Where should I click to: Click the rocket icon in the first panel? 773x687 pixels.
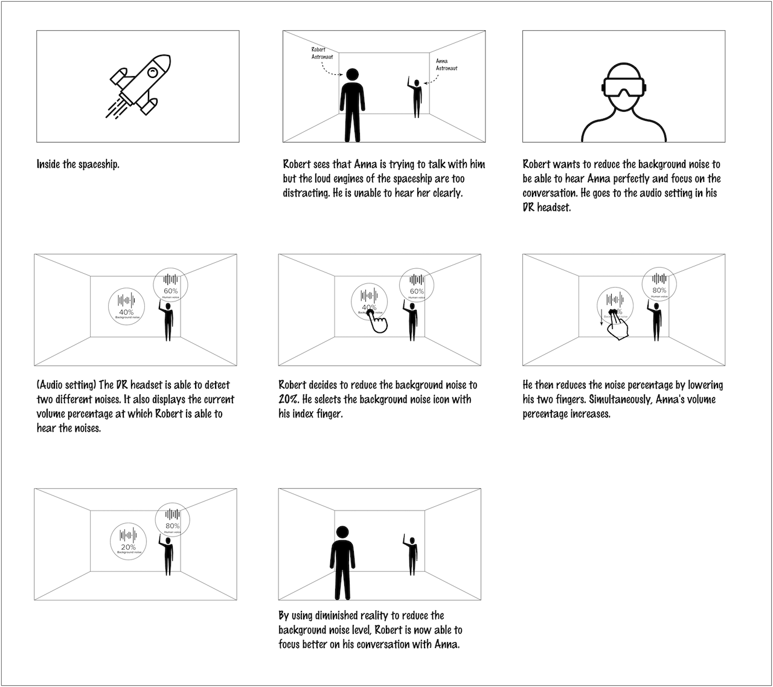[x=138, y=86]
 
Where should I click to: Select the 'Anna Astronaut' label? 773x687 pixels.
[x=446, y=65]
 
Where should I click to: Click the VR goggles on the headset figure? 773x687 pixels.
[x=623, y=87]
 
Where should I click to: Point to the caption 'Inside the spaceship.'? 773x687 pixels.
[x=78, y=164]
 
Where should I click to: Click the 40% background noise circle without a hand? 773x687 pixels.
[x=126, y=305]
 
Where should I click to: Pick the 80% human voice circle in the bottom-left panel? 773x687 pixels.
[x=173, y=520]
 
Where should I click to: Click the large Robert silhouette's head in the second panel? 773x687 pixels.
[x=351, y=76]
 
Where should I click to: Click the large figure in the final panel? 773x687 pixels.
[x=342, y=562]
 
